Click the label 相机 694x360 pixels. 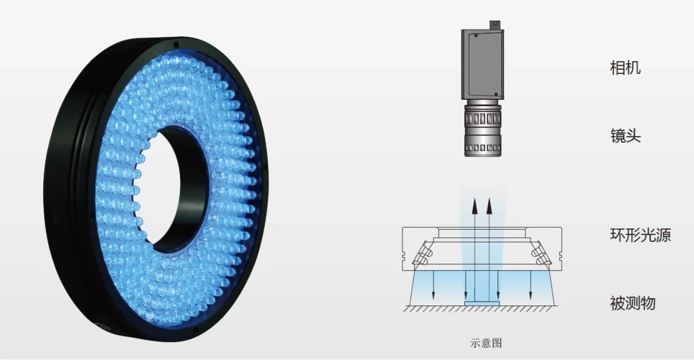click(625, 68)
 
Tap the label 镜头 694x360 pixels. click(626, 135)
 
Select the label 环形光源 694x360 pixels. click(641, 235)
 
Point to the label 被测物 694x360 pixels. click(633, 303)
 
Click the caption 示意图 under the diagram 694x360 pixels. click(486, 343)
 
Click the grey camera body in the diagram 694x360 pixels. click(482, 64)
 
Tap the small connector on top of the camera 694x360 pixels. click(495, 24)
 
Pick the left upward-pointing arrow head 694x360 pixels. click(474, 207)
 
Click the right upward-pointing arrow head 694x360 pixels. click(489, 207)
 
